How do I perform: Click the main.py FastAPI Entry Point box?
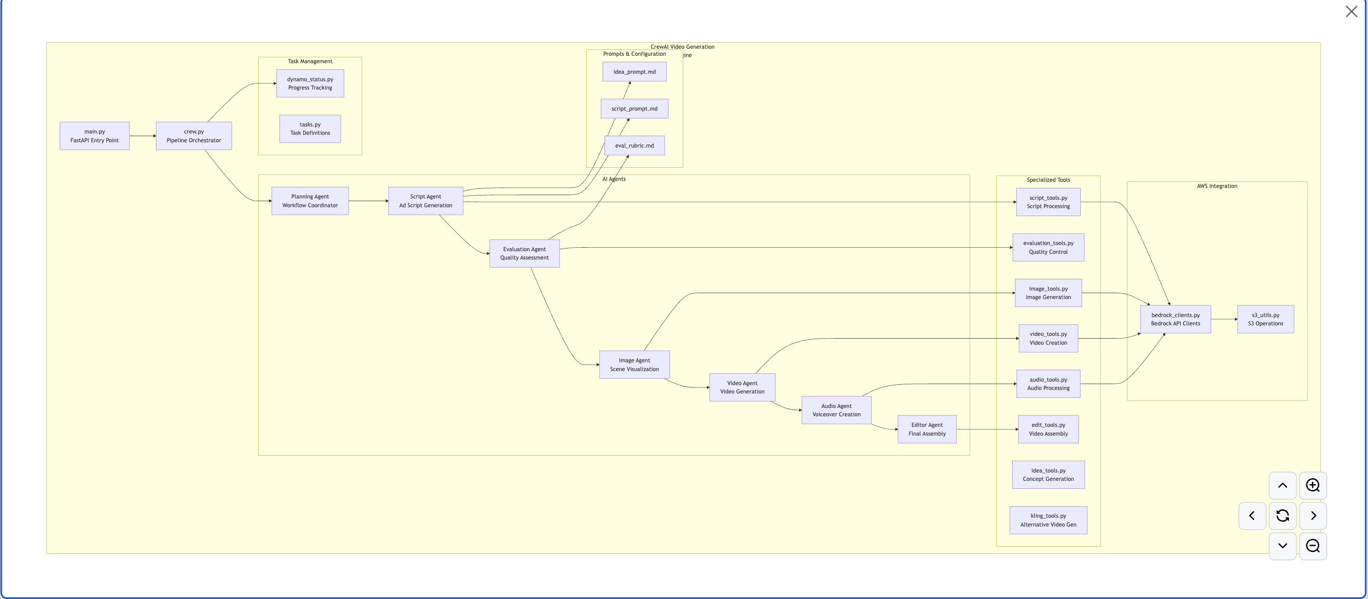pyautogui.click(x=94, y=136)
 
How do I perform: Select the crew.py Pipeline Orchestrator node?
pyautogui.click(x=194, y=136)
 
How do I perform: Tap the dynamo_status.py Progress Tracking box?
pyautogui.click(x=310, y=83)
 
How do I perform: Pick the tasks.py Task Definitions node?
pyautogui.click(x=310, y=129)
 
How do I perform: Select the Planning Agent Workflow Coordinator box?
pyautogui.click(x=310, y=201)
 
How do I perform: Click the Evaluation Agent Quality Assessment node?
pyautogui.click(x=524, y=253)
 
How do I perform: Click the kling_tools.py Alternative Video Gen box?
pyautogui.click(x=1048, y=520)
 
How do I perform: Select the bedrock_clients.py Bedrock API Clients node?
pyautogui.click(x=1175, y=319)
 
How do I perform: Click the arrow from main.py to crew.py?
pyautogui.click(x=142, y=136)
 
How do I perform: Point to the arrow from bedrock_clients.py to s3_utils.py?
pyautogui.click(x=1224, y=319)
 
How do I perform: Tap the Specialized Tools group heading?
pyautogui.click(x=1048, y=180)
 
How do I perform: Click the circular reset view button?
pyautogui.click(x=1282, y=516)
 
